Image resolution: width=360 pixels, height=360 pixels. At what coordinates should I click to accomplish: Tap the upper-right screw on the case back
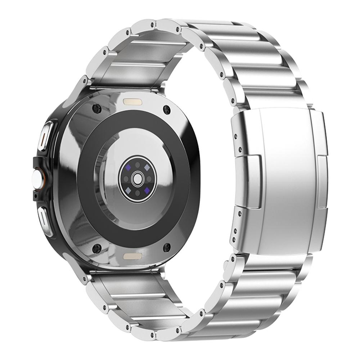click(x=166, y=109)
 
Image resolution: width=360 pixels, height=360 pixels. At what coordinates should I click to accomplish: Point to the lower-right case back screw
click(x=167, y=247)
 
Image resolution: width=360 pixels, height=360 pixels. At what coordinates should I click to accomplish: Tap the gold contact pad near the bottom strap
click(x=131, y=256)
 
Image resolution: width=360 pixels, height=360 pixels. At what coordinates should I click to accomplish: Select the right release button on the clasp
click(x=323, y=182)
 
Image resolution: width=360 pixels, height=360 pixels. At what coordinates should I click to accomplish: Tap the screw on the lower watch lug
click(x=85, y=277)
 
